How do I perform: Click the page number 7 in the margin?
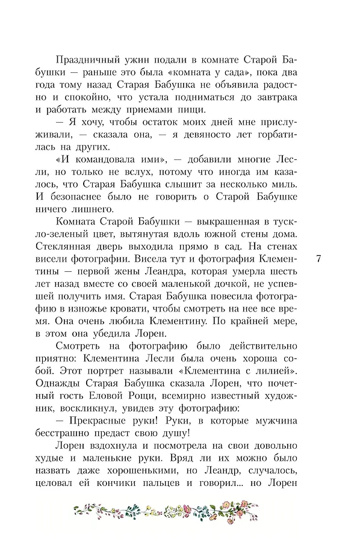[x=318, y=259]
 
